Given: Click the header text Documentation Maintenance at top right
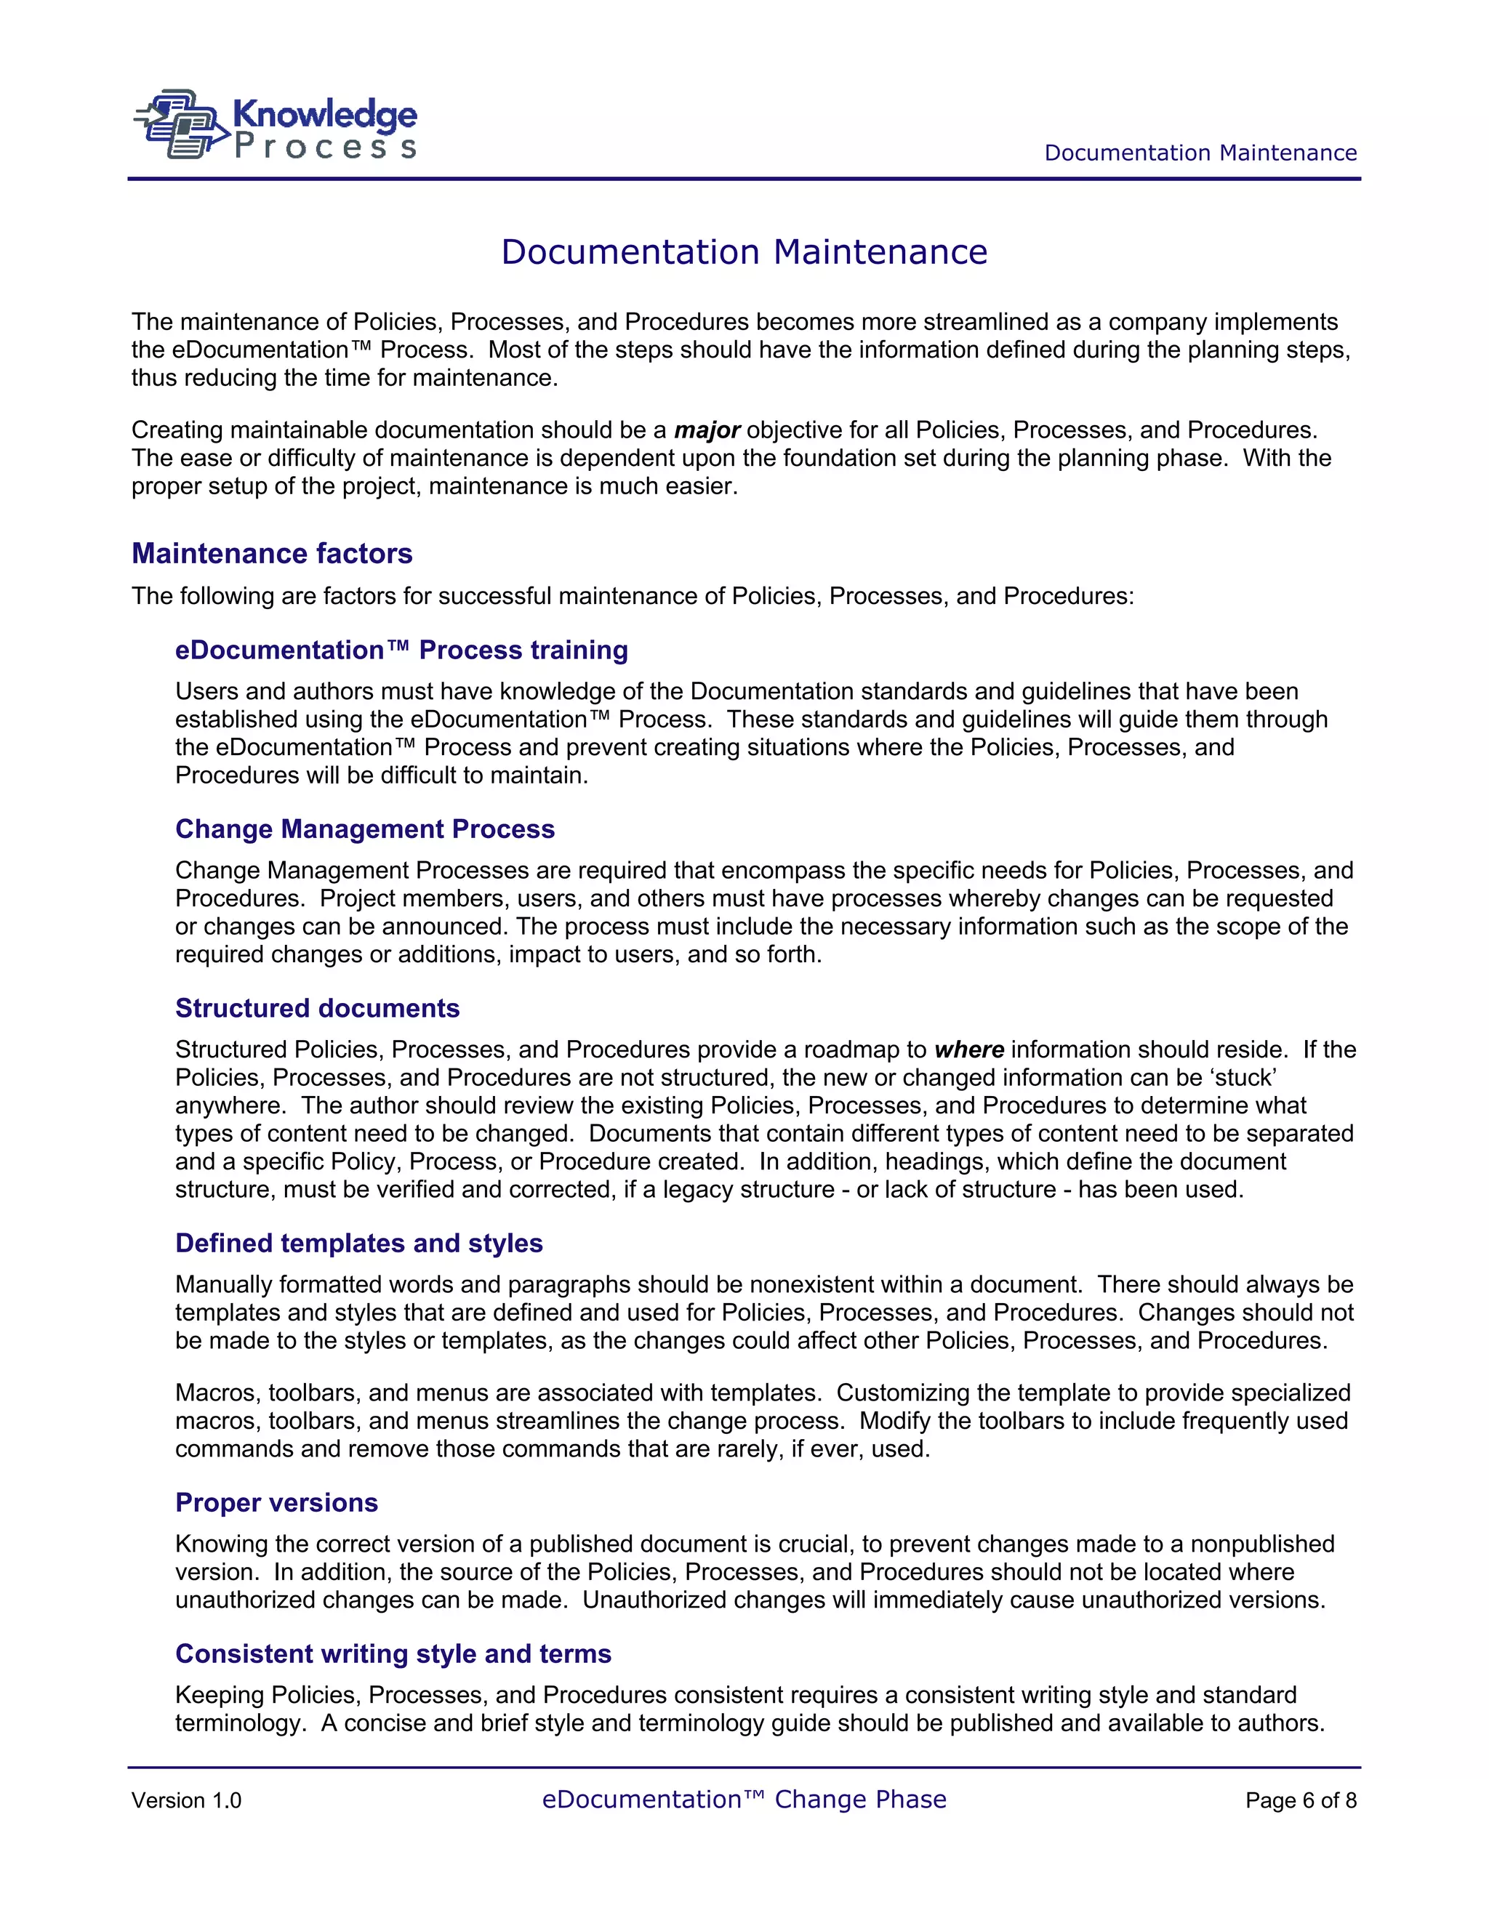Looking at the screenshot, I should (x=1200, y=153).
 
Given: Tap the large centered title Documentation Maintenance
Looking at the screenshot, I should (x=744, y=252).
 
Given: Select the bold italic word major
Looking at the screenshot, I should (x=707, y=430).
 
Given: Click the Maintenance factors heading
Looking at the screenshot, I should (x=272, y=554).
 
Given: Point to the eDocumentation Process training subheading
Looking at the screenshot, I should (x=401, y=650).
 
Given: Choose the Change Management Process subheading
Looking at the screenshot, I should (x=364, y=829).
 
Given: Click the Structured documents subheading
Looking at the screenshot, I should (x=317, y=1008).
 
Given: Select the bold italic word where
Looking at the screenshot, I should (x=968, y=1049).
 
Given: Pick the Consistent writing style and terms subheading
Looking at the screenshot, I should (x=393, y=1653).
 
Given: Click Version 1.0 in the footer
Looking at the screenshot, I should (x=186, y=1801).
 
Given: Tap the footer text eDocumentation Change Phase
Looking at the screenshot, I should (x=744, y=1799).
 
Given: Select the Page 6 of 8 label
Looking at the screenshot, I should (x=1300, y=1801).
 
